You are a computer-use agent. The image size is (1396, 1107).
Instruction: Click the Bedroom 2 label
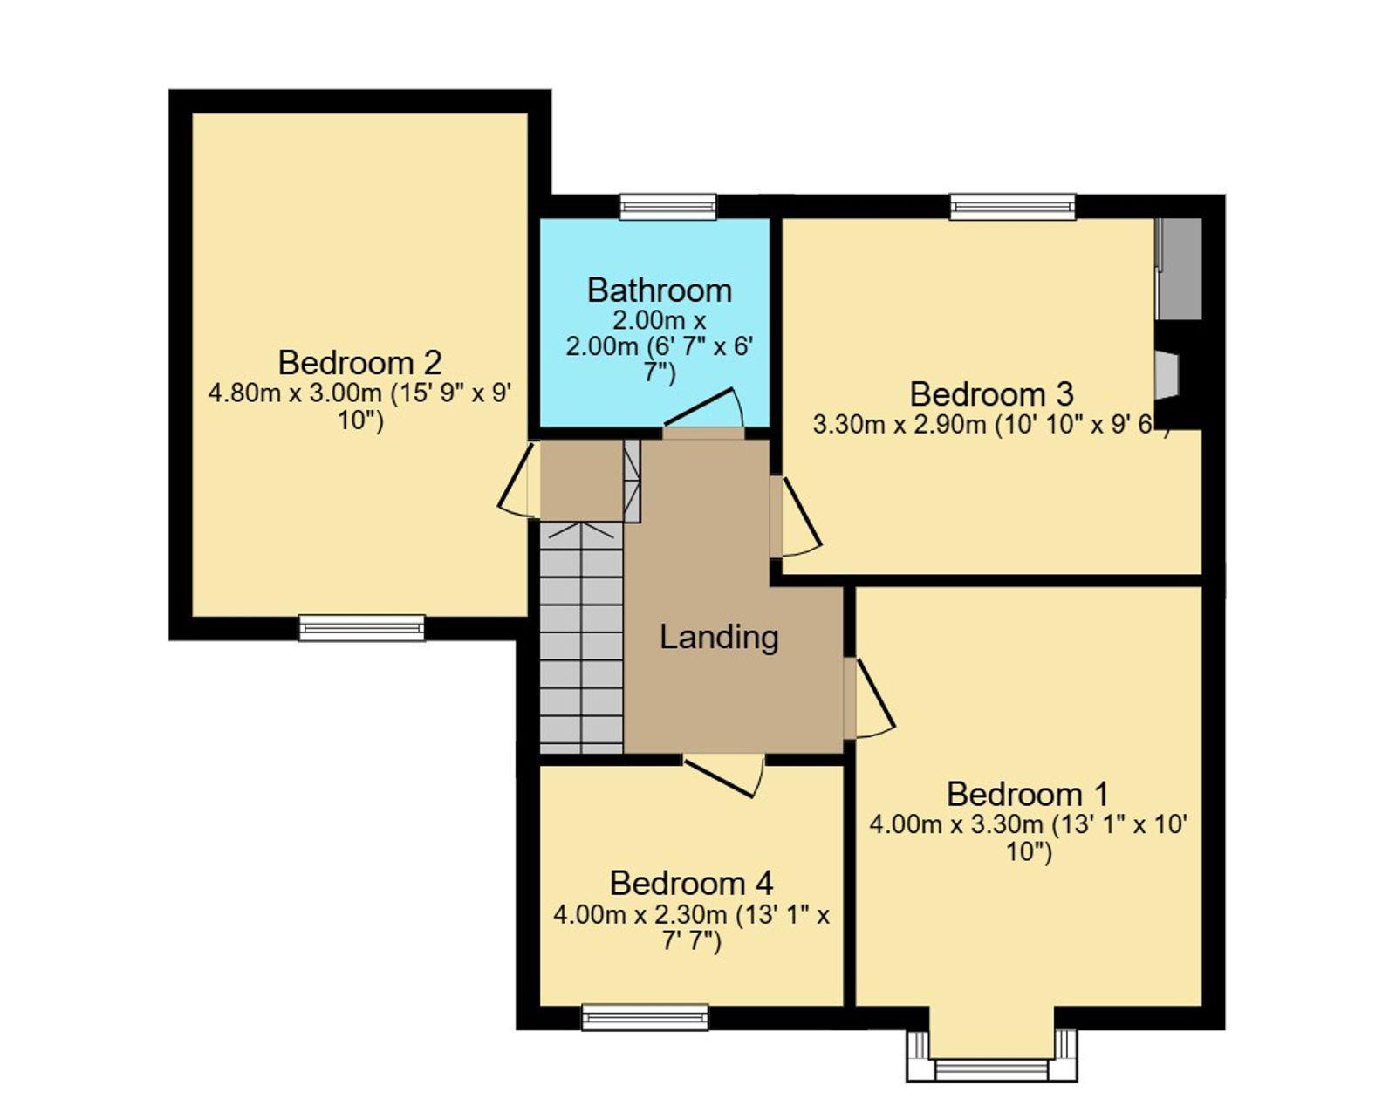click(360, 363)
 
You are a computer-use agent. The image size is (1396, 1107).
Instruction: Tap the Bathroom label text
click(660, 290)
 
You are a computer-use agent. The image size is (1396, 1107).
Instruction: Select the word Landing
click(719, 639)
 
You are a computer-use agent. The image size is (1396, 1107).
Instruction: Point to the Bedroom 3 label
click(992, 394)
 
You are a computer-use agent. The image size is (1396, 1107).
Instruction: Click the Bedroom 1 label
click(1028, 795)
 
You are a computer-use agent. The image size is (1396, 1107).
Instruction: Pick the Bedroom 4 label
click(692, 884)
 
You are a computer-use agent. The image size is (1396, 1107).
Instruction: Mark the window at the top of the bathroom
click(668, 207)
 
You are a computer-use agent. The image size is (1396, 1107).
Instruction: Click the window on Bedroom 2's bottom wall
click(362, 628)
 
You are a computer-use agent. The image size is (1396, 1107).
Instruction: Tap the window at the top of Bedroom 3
click(1013, 207)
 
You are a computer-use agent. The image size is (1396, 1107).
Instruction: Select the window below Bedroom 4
click(646, 1017)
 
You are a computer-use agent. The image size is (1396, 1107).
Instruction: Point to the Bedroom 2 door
click(517, 480)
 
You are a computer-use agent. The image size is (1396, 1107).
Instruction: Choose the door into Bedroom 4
click(724, 775)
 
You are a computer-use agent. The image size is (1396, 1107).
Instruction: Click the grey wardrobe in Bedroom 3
click(1179, 269)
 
